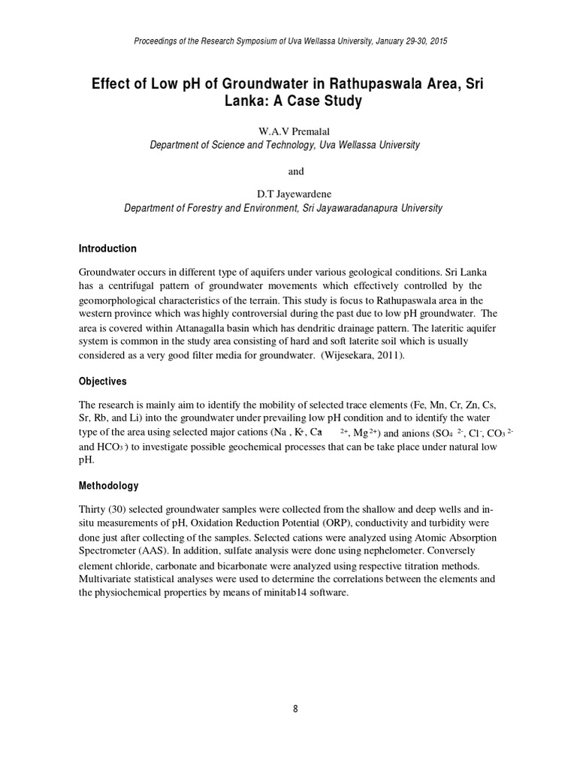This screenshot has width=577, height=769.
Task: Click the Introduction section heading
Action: pyautogui.click(x=108, y=249)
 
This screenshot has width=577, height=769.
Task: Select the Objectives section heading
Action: pyautogui.click(x=104, y=381)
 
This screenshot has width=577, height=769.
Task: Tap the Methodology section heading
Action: pyautogui.click(x=109, y=486)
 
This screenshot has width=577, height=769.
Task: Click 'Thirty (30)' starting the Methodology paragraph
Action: pyautogui.click(x=104, y=509)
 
